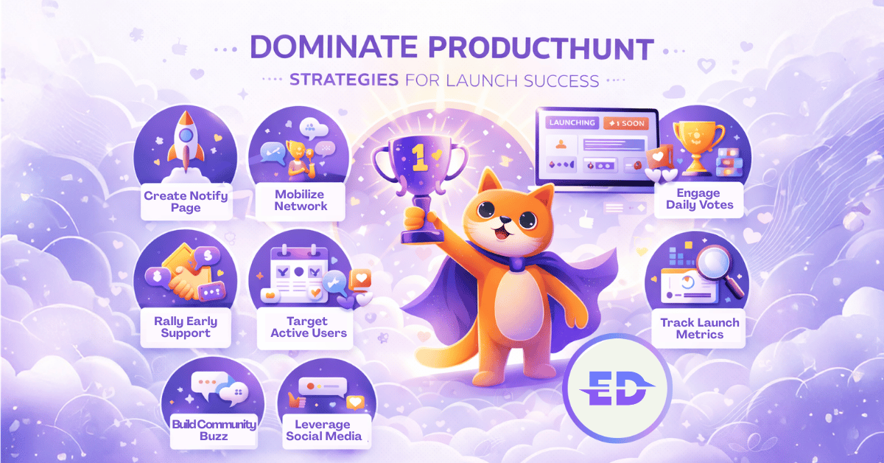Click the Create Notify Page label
[186, 202]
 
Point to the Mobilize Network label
[301, 200]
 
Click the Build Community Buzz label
[214, 430]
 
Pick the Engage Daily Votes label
[699, 199]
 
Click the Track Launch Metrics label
[699, 328]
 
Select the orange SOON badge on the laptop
[625, 124]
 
